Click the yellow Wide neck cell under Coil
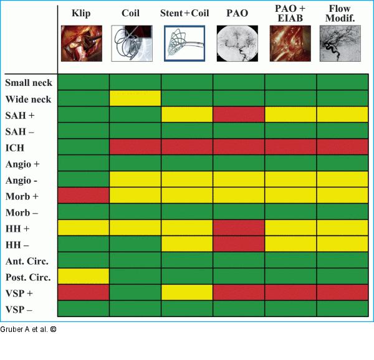(x=135, y=98)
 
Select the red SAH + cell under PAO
(x=239, y=115)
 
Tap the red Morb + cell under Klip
(x=84, y=196)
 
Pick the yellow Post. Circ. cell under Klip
(x=84, y=276)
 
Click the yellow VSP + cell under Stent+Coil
(x=187, y=292)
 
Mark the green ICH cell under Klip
(x=84, y=147)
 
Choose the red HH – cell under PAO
(x=239, y=244)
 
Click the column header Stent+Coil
(x=187, y=12)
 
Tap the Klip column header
(x=81, y=12)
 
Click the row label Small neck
(x=28, y=82)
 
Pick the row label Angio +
(x=22, y=163)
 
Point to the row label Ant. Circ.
(x=27, y=260)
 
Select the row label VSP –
(x=21, y=309)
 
